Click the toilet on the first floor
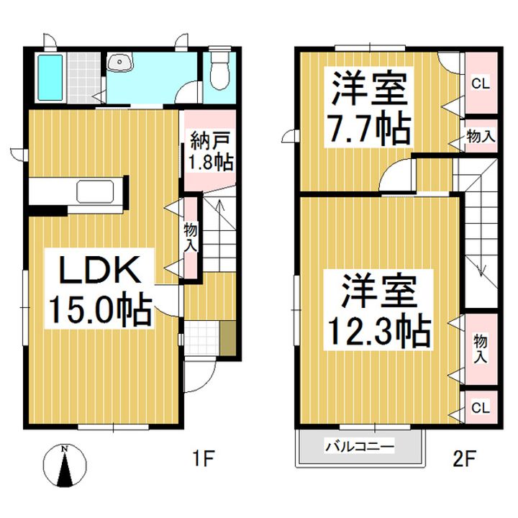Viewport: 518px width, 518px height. pos(219,68)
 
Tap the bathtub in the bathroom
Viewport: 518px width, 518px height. pos(50,78)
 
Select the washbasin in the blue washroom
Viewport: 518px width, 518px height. pos(121,62)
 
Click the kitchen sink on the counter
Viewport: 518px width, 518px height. pos(95,191)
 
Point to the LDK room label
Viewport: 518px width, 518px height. pos(100,270)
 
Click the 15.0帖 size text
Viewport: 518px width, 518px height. pos(101,310)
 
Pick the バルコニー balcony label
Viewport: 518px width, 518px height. pos(360,447)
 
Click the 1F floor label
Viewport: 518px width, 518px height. pos(204,458)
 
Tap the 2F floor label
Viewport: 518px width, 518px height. pos(464,458)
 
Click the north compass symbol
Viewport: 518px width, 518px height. pos(65,465)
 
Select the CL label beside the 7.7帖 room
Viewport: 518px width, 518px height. pos(481,84)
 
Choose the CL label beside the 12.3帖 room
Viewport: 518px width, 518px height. pos(481,408)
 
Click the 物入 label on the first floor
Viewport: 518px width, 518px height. pos(190,237)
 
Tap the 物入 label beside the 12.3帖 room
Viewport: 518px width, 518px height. pos(480,348)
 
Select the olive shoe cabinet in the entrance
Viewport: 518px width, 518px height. pos(227,338)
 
